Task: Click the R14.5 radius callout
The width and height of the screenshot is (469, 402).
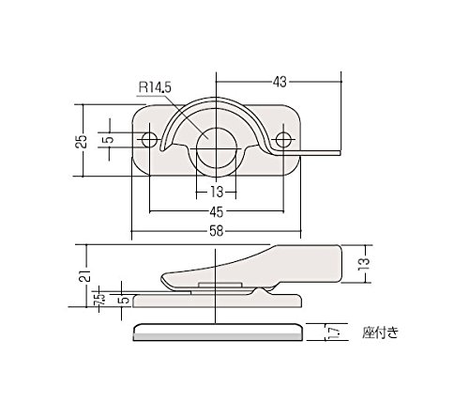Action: (155, 87)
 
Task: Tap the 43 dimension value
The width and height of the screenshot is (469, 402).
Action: (280, 82)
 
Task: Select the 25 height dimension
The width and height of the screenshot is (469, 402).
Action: (81, 141)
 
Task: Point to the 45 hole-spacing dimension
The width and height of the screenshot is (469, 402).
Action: (217, 212)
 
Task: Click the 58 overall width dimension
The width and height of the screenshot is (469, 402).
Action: (217, 231)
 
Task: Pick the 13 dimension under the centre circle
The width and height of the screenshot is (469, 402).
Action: (216, 192)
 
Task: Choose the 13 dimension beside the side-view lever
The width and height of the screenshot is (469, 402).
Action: (365, 265)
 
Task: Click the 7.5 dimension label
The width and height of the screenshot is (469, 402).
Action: (100, 300)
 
